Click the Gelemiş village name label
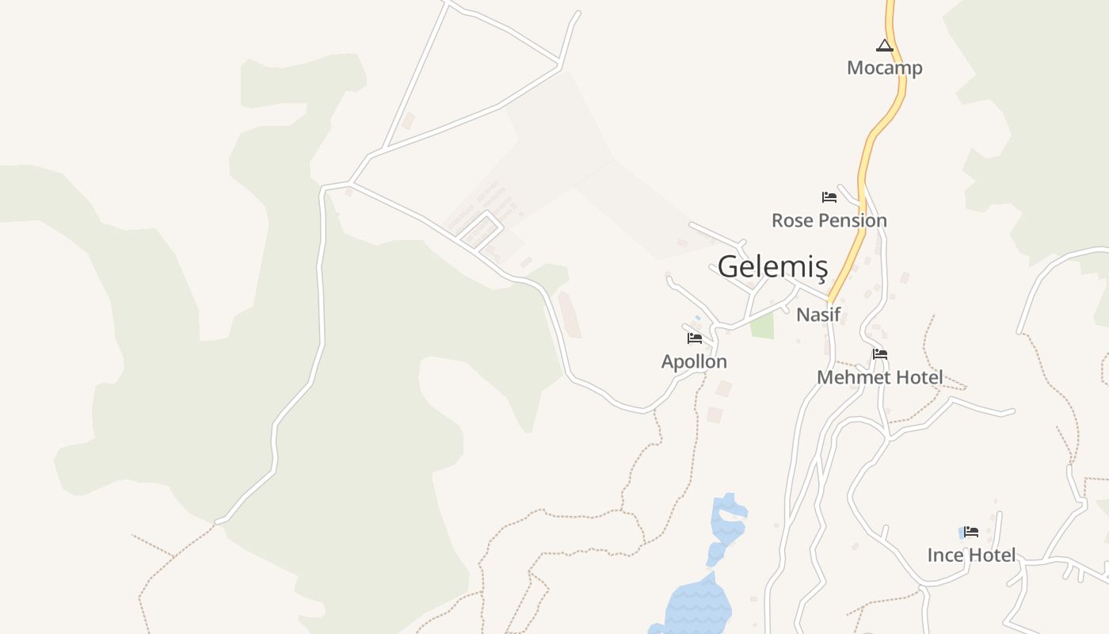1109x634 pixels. point(772,268)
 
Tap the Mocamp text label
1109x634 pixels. point(885,67)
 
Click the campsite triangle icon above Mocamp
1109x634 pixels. point(885,46)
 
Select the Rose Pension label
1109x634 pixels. point(829,220)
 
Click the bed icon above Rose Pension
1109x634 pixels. point(829,197)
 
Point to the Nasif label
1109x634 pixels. point(818,315)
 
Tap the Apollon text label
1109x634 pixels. point(694,361)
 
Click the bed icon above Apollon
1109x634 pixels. point(695,338)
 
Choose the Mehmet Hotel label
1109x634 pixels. point(880,377)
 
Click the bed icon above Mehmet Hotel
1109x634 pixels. point(880,354)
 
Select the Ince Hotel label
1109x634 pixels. point(971,555)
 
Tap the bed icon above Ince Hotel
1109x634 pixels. point(971,532)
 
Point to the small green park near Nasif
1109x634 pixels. point(762,325)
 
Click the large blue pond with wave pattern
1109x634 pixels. point(697,606)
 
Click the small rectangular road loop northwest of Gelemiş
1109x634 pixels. point(481,230)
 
